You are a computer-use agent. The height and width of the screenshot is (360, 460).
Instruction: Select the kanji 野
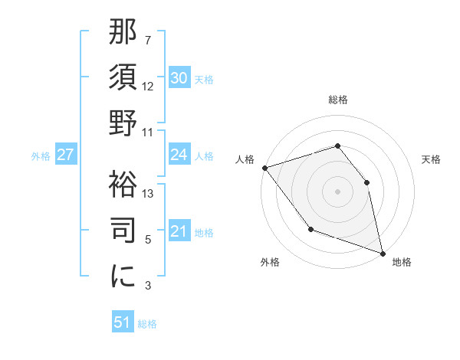click(123, 123)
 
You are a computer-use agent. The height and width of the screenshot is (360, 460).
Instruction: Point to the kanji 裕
click(123, 183)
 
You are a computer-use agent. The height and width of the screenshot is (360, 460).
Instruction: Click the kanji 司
click(123, 230)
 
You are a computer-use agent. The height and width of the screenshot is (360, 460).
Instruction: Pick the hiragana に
click(123, 277)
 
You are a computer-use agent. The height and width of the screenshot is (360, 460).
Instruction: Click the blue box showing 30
click(179, 78)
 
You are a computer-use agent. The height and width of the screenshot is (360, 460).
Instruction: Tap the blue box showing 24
click(179, 155)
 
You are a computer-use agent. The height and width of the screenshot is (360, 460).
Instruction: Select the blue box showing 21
click(179, 232)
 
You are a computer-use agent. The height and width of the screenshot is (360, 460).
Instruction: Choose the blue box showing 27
click(65, 155)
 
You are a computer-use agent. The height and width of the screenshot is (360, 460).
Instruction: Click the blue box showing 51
click(123, 322)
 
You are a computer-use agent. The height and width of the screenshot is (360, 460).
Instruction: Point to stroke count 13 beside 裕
click(149, 194)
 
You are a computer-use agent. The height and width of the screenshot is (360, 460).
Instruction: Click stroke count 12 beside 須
click(149, 87)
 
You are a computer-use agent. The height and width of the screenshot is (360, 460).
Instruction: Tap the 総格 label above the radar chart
click(338, 100)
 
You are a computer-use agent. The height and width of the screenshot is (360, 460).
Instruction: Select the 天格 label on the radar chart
click(432, 159)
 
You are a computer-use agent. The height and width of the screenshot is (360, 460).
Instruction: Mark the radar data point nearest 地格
click(383, 253)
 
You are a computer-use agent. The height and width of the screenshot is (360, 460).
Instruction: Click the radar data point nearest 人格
click(264, 168)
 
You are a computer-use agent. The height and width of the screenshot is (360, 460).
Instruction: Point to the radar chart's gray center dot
click(338, 191)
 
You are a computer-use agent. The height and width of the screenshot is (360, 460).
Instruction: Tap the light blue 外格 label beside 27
click(41, 155)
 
